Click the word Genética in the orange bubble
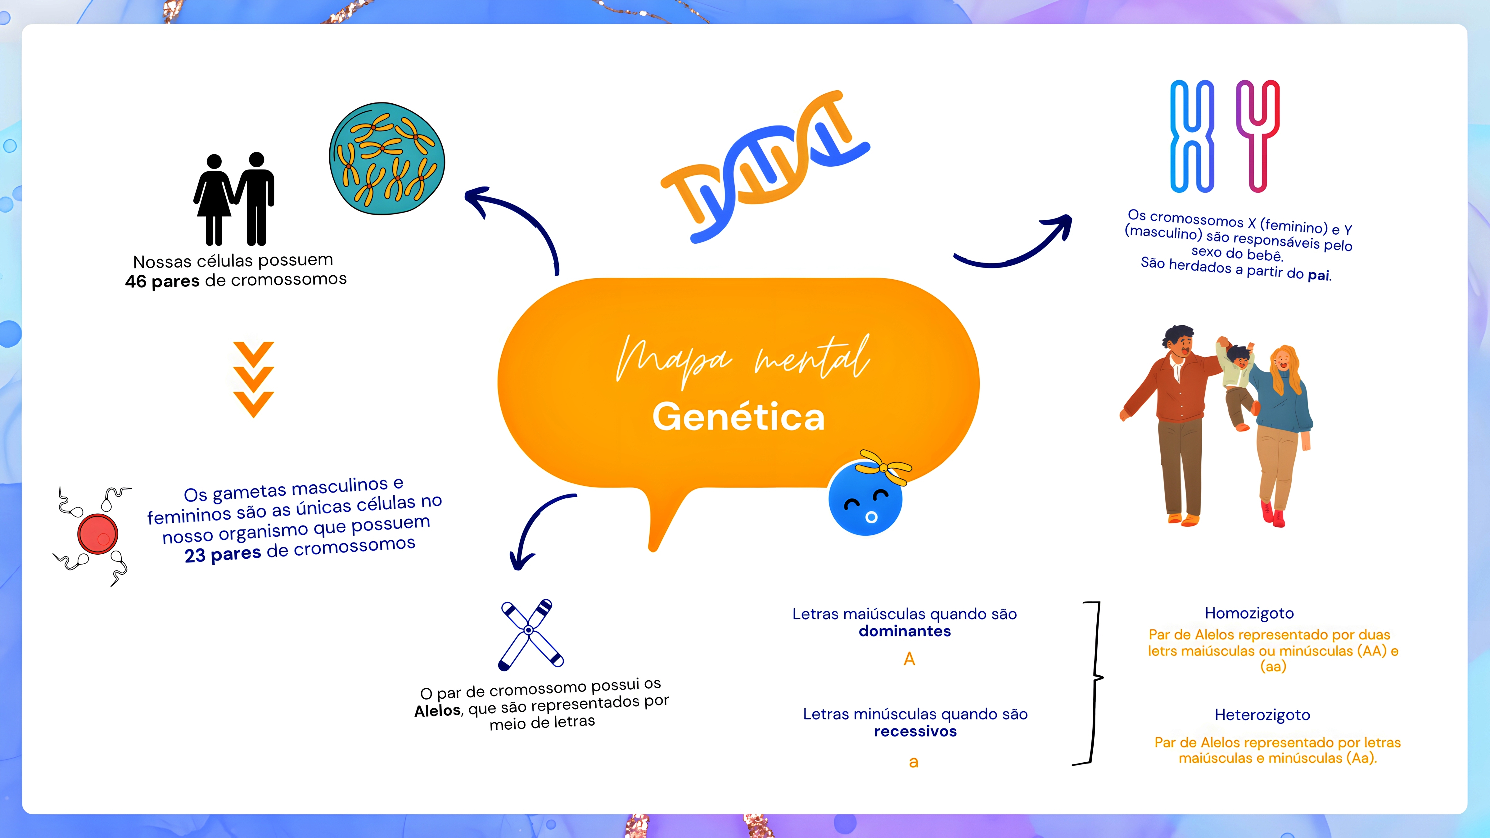click(x=738, y=417)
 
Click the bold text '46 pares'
click(x=162, y=282)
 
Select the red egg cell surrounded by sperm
click(x=98, y=534)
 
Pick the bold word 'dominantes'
click(x=905, y=631)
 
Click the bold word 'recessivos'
click(x=915, y=732)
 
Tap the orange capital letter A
click(x=909, y=659)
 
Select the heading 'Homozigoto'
click(x=1249, y=613)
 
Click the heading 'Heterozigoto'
click(x=1262, y=715)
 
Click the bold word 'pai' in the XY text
click(x=1318, y=275)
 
